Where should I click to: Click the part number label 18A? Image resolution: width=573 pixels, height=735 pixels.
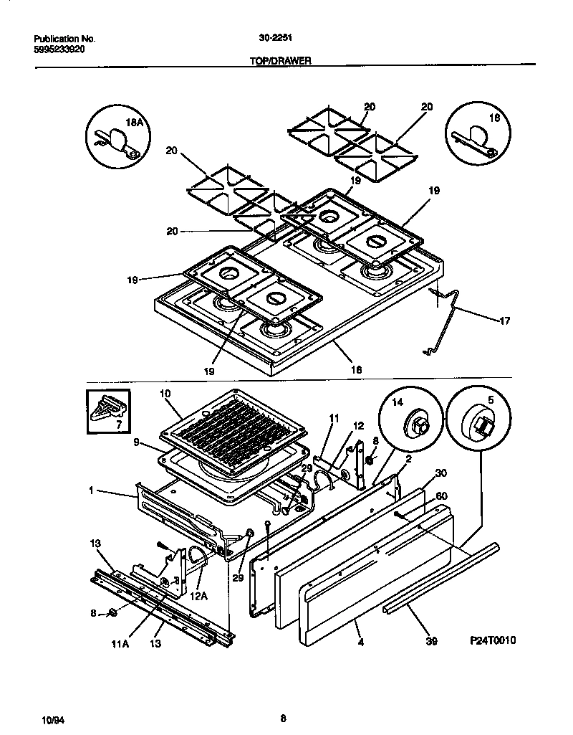coord(135,123)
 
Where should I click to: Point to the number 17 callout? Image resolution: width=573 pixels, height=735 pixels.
coord(504,321)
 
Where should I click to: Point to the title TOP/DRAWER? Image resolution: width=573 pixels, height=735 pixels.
coord(279,62)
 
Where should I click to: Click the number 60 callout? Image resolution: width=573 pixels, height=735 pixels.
coord(441,495)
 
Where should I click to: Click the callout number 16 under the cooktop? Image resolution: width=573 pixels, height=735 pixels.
coord(356,370)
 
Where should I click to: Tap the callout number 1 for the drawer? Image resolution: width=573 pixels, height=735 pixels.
coord(91,491)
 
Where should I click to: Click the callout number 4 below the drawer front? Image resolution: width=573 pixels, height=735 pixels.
coord(360,642)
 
